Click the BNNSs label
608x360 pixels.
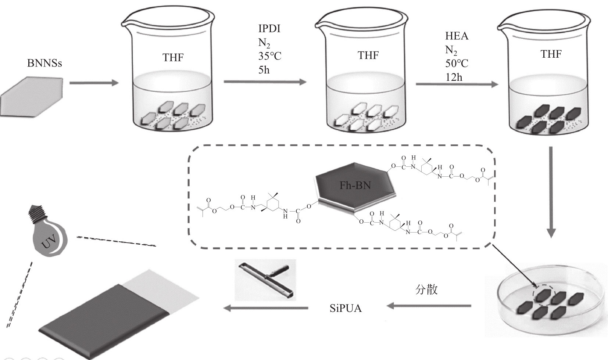tap(44, 63)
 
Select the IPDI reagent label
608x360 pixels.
tap(269, 29)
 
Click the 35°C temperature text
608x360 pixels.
tap(270, 56)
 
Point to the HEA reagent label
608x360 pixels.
tap(457, 36)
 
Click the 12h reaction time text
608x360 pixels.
tap(454, 77)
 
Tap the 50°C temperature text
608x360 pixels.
tap(457, 63)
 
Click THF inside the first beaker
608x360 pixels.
tap(173, 57)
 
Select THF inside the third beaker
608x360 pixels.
tap(551, 54)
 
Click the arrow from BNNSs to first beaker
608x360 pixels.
tap(94, 83)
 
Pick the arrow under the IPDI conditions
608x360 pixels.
tap(265, 82)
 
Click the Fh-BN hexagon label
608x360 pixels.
tap(355, 185)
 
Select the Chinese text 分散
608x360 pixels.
tap(426, 290)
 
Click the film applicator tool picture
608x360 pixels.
tap(265, 280)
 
